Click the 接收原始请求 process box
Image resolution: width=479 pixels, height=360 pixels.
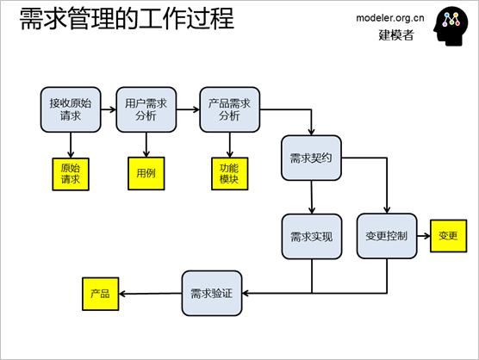[x=71, y=109]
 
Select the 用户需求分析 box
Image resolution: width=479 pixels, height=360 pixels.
[x=146, y=109]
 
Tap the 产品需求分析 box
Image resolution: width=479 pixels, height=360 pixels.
[x=230, y=109]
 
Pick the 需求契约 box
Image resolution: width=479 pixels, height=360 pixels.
[x=311, y=158]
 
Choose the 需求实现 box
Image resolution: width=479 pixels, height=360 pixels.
[x=312, y=236]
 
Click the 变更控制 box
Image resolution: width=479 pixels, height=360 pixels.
[x=387, y=236]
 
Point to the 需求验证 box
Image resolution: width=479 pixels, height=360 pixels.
[x=212, y=293]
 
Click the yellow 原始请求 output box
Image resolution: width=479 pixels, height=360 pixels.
[x=71, y=174]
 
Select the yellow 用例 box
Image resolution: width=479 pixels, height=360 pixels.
[x=146, y=173]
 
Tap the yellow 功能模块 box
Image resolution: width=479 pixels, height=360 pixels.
[x=230, y=174]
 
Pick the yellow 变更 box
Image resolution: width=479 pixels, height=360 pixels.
[x=449, y=236]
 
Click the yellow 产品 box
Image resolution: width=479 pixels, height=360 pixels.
[x=101, y=294]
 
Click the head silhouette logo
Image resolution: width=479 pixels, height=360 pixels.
[x=451, y=26]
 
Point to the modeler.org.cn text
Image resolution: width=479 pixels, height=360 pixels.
[x=390, y=18]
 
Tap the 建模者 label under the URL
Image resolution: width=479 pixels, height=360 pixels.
[x=396, y=34]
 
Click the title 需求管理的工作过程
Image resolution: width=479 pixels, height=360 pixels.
[x=127, y=18]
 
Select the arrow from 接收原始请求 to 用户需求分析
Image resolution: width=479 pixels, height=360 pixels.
[x=109, y=109]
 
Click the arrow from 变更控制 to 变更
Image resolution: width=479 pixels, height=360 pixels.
[x=423, y=236]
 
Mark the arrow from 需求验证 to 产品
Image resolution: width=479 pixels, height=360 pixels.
[x=150, y=294]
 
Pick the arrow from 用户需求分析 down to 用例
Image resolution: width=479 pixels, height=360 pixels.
[x=146, y=145]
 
